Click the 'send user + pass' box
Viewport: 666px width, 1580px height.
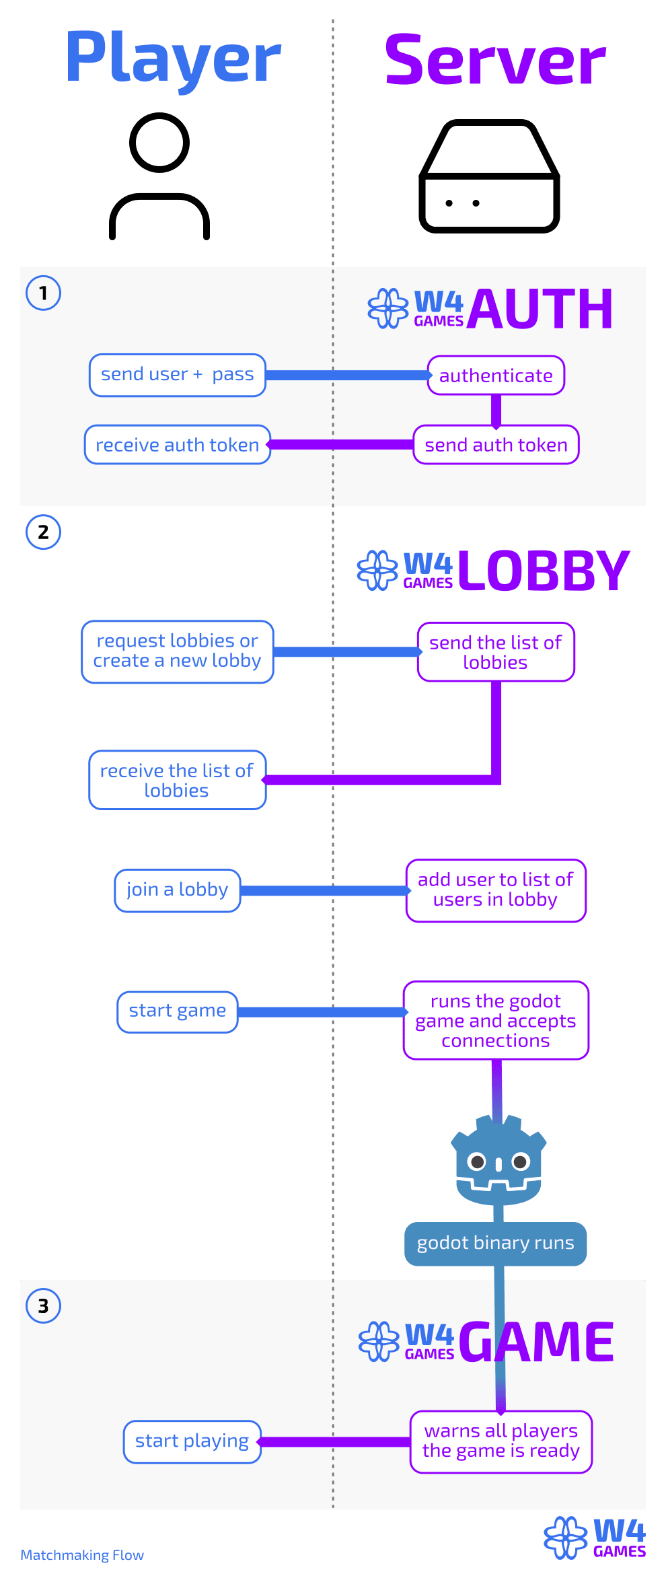[178, 375]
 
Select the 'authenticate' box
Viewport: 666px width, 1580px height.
[496, 375]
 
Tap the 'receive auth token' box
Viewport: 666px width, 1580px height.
[178, 445]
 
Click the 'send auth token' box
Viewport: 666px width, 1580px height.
[496, 445]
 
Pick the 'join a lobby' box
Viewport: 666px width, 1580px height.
[178, 890]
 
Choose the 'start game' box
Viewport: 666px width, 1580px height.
[178, 1011]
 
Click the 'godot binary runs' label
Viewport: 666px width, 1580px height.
[495, 1243]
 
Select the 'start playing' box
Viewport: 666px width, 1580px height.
[192, 1441]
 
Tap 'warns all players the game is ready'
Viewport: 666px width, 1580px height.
[501, 1441]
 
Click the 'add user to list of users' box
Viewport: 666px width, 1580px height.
[496, 890]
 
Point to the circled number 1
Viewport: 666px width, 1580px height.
[43, 293]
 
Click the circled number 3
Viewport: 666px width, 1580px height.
[43, 1306]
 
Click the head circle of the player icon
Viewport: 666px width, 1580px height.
[159, 143]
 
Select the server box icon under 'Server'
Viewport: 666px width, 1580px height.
[489, 177]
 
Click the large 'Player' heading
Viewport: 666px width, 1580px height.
[173, 59]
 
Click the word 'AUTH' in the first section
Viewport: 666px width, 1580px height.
[540, 309]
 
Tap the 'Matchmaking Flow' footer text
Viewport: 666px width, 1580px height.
[82, 1555]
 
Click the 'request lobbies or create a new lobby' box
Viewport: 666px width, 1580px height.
[178, 651]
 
